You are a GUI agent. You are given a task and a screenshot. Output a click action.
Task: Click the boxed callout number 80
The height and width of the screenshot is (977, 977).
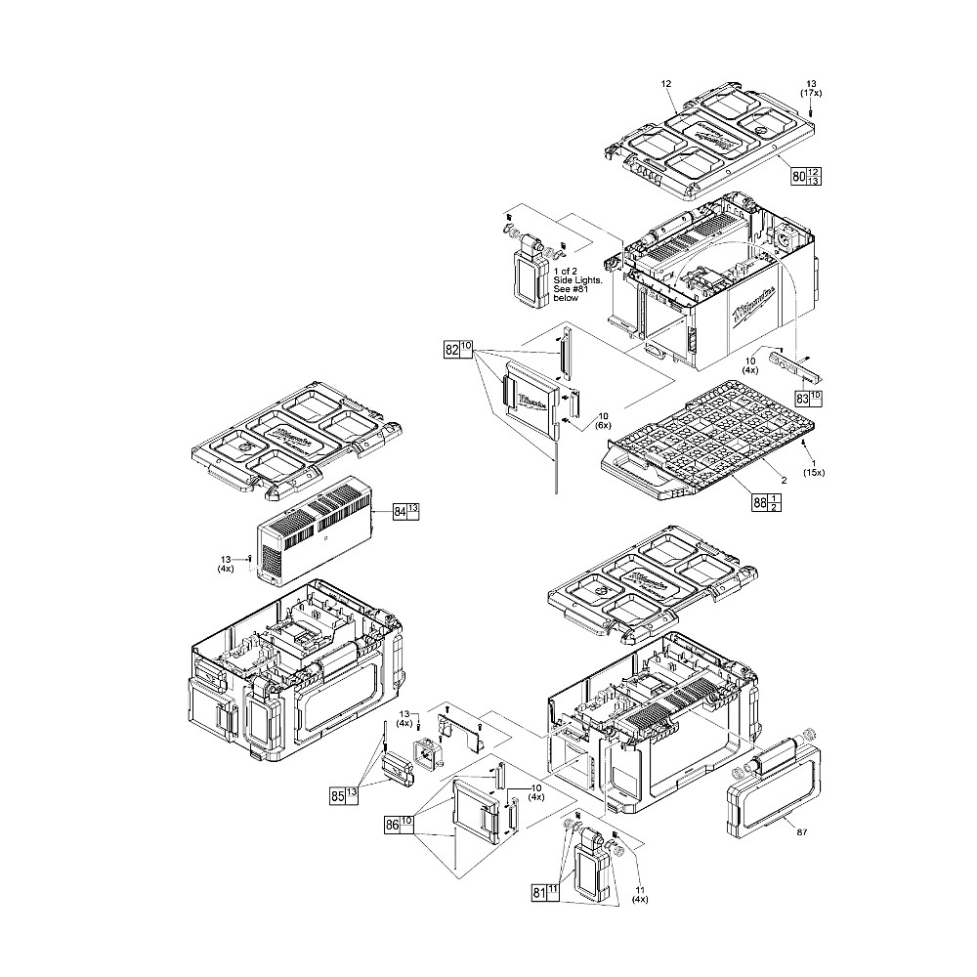(x=798, y=177)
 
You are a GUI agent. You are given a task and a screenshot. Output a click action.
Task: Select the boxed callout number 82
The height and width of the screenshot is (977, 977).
(x=451, y=349)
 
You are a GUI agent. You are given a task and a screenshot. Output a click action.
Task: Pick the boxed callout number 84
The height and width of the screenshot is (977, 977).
(x=400, y=512)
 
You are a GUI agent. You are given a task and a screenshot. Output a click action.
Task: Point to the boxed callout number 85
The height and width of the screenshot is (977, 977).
(x=337, y=796)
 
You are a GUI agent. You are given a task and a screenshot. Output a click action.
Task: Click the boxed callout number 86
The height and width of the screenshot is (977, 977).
(x=392, y=826)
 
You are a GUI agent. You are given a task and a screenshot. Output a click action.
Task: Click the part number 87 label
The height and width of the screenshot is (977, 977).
(x=802, y=831)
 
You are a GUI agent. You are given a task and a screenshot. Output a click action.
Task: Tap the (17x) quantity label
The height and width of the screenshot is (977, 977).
(x=811, y=92)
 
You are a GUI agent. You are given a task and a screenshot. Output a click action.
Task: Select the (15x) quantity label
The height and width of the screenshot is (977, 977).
(x=813, y=473)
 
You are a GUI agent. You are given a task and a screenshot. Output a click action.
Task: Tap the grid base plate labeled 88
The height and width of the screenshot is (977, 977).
(x=709, y=440)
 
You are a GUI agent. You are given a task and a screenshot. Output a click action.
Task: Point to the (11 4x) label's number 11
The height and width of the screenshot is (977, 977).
(x=640, y=890)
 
